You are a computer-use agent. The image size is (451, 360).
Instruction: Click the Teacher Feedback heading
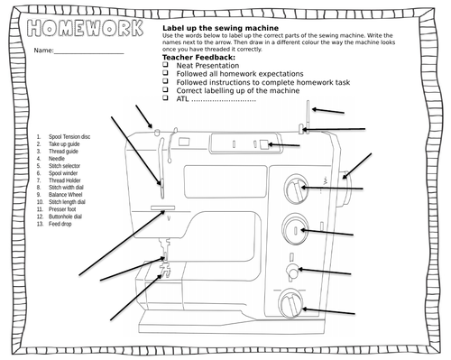point(198,58)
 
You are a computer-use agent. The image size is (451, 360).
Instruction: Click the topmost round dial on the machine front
point(294,189)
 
